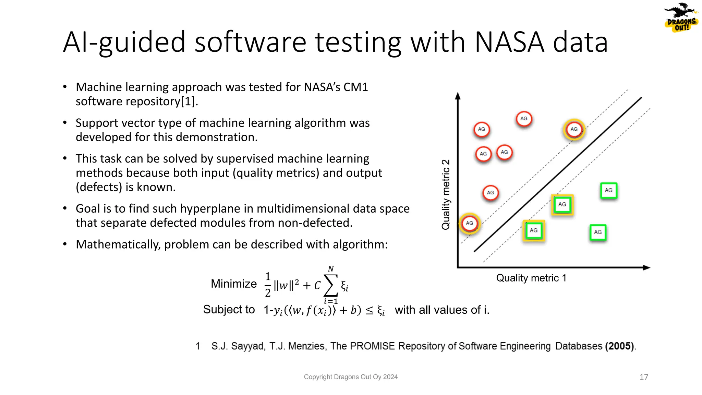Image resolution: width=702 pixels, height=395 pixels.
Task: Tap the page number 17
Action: click(644, 377)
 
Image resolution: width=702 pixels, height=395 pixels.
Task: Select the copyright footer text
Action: click(351, 377)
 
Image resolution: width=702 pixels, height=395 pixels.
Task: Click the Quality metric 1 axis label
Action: click(531, 278)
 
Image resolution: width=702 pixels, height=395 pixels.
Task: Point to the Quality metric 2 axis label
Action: click(446, 194)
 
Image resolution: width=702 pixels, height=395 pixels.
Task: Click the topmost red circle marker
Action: click(524, 119)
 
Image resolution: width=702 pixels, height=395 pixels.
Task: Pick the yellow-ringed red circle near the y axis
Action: click(470, 223)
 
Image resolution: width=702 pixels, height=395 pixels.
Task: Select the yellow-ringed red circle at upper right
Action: click(574, 130)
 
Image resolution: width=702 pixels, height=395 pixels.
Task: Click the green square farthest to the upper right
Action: click(608, 191)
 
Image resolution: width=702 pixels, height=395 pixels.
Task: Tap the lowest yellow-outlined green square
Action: click(533, 231)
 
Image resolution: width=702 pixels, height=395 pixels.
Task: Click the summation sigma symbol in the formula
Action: click(331, 285)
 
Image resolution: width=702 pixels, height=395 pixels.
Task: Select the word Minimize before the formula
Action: click(234, 284)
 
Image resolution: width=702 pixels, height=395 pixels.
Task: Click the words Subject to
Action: click(229, 310)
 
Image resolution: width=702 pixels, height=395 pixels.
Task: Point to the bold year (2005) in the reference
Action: click(619, 346)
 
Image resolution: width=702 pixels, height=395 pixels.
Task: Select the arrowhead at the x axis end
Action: click(646, 267)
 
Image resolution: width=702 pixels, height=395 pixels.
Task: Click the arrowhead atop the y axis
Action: click(458, 96)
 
